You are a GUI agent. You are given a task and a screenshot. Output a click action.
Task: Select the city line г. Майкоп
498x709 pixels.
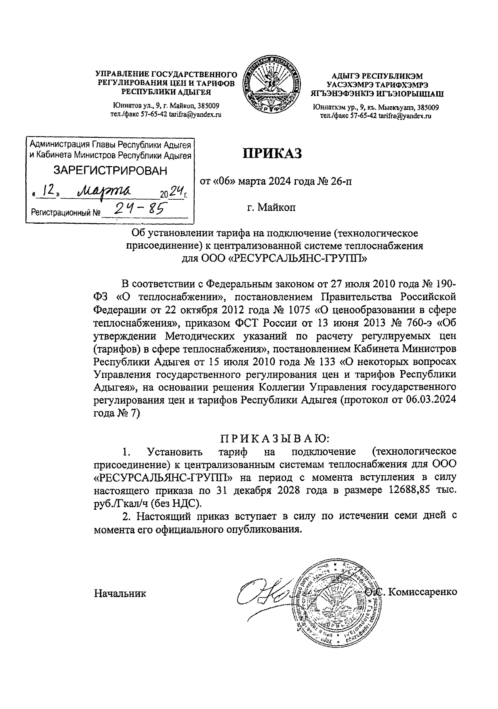click(271, 207)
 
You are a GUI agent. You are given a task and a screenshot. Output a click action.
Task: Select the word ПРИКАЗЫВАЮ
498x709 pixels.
click(274, 438)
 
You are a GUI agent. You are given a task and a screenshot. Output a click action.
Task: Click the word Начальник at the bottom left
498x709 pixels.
click(120, 593)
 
